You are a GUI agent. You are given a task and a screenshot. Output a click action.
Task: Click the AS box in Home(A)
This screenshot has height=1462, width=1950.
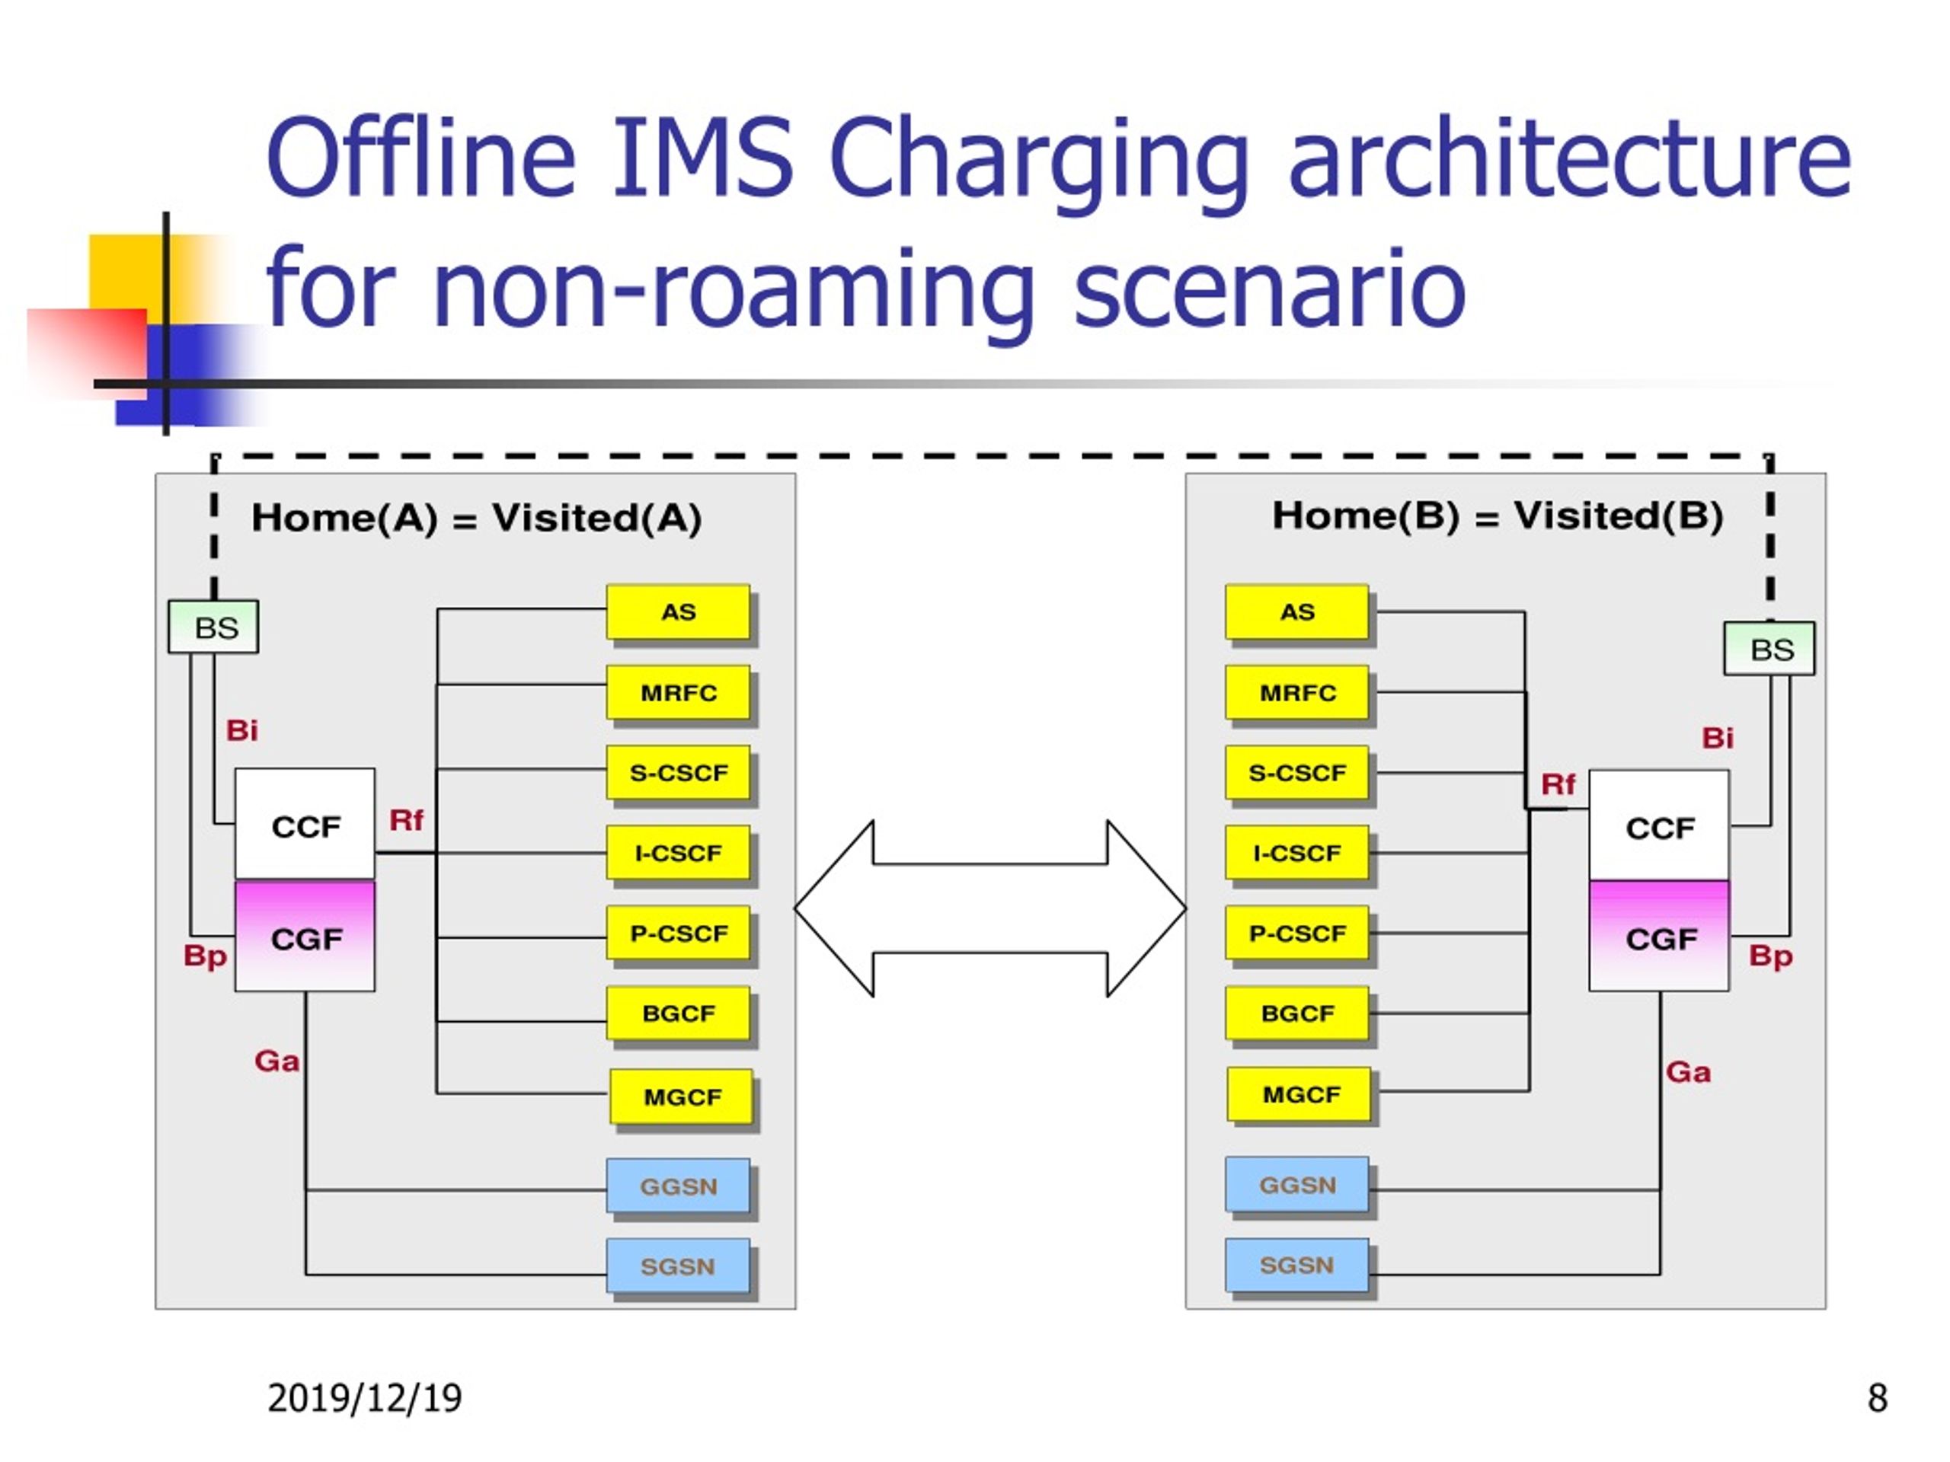[x=678, y=611]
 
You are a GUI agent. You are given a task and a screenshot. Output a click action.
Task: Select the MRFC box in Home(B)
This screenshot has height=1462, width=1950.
[x=1296, y=693]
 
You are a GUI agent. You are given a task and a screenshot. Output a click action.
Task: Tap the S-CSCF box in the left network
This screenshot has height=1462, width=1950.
[x=678, y=773]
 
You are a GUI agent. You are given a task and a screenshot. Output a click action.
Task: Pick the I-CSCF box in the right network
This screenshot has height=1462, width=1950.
[x=1296, y=853]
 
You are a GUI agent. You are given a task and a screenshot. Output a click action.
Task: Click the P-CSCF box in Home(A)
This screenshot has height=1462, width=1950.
[x=678, y=934]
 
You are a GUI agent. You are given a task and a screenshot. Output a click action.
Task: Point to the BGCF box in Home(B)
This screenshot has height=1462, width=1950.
[x=1296, y=1014]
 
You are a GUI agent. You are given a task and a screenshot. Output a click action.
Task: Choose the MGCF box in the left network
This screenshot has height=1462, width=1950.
[x=682, y=1096]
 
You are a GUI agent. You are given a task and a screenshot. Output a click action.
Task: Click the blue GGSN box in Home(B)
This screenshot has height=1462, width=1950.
[x=1296, y=1184]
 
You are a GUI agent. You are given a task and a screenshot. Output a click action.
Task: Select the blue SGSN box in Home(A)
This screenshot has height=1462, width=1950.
[x=678, y=1266]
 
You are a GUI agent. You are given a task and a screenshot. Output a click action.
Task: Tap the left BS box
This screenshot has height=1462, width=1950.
[x=213, y=627]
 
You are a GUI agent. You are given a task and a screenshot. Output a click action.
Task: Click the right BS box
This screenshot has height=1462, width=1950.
[x=1769, y=649]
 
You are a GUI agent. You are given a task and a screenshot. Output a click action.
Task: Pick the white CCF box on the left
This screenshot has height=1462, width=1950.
[x=305, y=825]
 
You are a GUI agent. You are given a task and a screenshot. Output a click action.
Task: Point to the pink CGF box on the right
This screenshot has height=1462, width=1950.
[x=1659, y=936]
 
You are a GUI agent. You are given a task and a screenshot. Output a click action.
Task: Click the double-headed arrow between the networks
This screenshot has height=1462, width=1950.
[x=990, y=908]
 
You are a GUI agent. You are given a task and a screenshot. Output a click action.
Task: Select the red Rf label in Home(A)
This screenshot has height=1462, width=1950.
[x=407, y=820]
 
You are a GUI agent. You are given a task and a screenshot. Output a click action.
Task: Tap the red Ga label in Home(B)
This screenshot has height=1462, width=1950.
[x=1688, y=1072]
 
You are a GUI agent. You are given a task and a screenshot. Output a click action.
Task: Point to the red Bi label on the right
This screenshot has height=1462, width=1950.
[x=1717, y=738]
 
